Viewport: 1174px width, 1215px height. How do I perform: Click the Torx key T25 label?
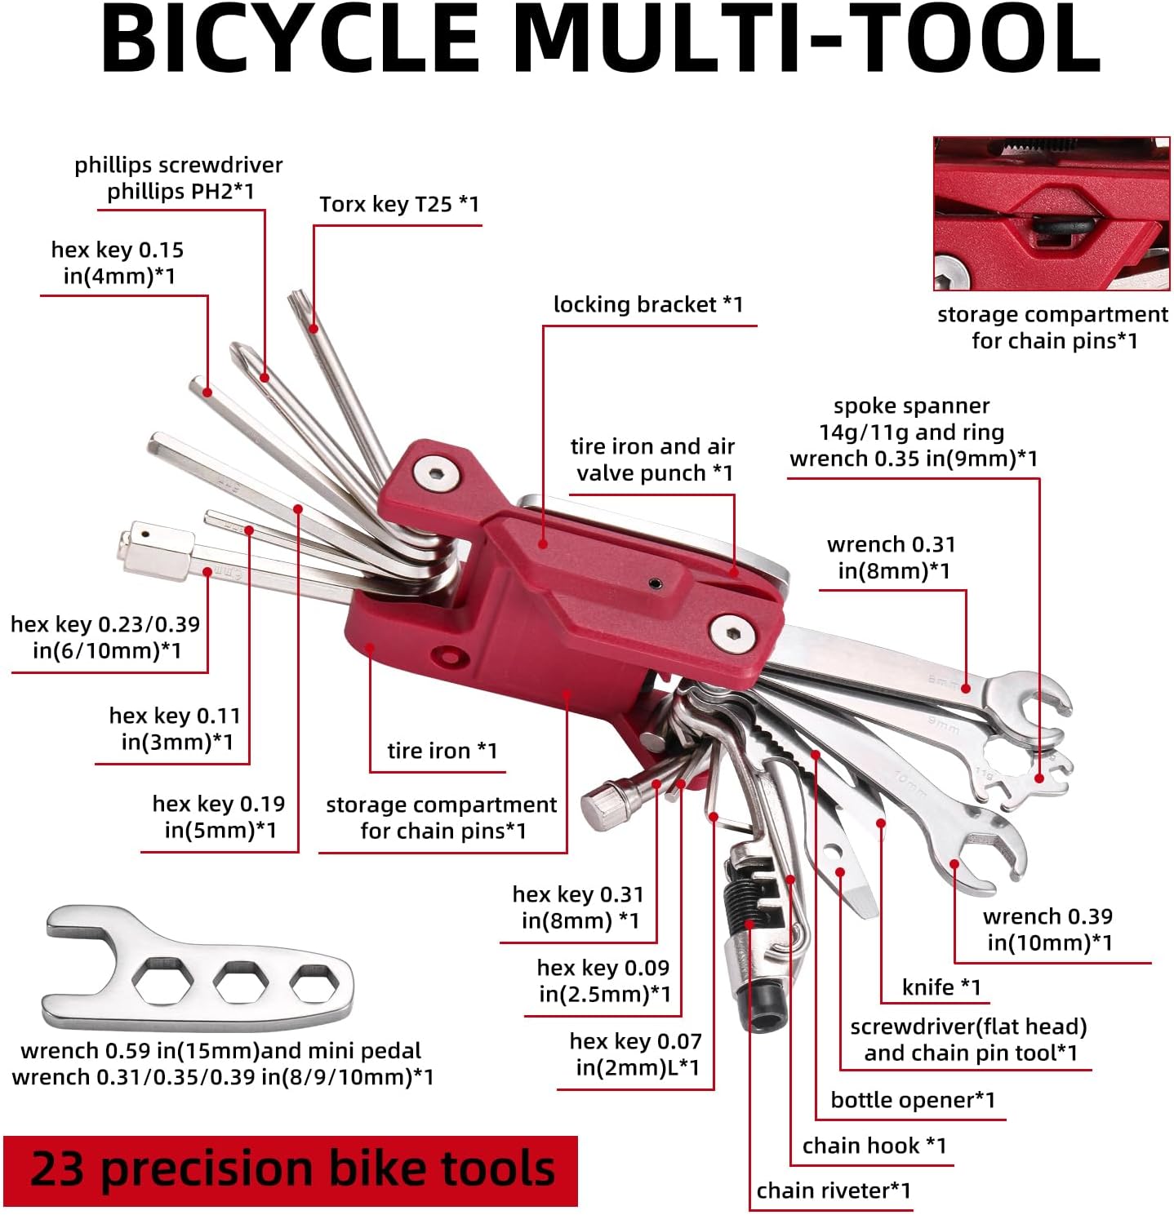[398, 203]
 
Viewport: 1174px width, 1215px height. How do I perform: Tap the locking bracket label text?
[647, 304]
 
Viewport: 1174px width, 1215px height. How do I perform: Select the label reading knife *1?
[941, 987]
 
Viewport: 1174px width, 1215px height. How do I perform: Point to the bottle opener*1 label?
[913, 1099]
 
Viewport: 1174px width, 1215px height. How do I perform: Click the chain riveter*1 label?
[833, 1191]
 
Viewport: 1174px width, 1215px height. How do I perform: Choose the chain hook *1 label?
[874, 1145]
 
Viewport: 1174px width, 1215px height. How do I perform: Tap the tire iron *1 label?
[442, 750]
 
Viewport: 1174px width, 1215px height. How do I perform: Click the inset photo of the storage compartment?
[1051, 214]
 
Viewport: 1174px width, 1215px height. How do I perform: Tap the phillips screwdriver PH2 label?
[179, 178]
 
